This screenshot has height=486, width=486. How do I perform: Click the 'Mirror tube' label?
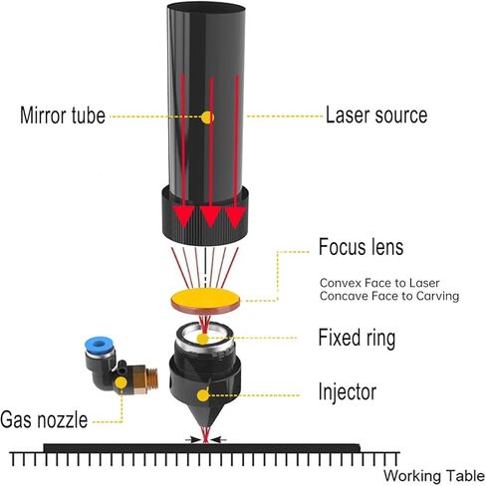click(63, 116)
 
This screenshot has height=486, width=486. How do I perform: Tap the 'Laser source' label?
click(376, 115)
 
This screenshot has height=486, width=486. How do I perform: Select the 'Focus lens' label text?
click(361, 247)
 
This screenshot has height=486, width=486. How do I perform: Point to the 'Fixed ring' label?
click(357, 338)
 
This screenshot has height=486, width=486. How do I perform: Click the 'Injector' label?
click(348, 392)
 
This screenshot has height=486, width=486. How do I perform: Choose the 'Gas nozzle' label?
click(44, 419)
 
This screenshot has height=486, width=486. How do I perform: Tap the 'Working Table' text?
click(434, 476)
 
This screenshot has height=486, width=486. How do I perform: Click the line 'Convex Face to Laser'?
click(379, 283)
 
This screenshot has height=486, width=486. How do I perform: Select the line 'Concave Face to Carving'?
click(389, 296)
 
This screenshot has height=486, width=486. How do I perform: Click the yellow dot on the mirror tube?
click(207, 118)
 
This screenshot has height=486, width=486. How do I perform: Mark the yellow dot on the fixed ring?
click(202, 339)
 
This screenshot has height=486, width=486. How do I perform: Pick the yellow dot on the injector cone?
click(203, 395)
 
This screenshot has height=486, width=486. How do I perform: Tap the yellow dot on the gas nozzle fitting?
click(121, 382)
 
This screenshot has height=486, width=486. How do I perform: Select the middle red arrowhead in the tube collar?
click(210, 217)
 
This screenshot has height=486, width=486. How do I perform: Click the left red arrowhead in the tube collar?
click(184, 217)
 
